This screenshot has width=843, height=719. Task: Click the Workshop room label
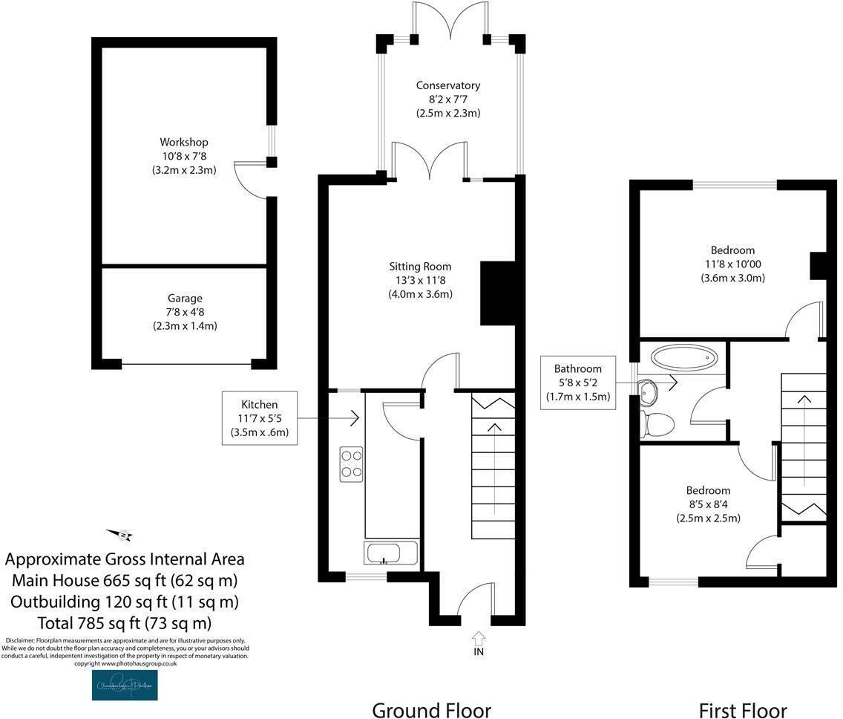click(x=183, y=142)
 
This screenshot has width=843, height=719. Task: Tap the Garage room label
click(x=183, y=299)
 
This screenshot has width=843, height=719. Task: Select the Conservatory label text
click(x=447, y=85)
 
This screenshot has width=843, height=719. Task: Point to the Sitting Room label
click(x=420, y=266)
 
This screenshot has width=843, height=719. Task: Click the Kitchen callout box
click(x=260, y=418)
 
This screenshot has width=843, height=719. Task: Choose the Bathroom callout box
click(x=577, y=383)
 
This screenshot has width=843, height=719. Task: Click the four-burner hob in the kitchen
click(x=351, y=463)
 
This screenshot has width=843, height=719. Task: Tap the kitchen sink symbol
click(x=391, y=553)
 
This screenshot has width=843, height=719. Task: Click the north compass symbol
click(x=120, y=534)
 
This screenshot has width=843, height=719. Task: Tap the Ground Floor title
click(x=431, y=710)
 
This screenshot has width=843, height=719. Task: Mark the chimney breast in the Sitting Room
click(x=497, y=293)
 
